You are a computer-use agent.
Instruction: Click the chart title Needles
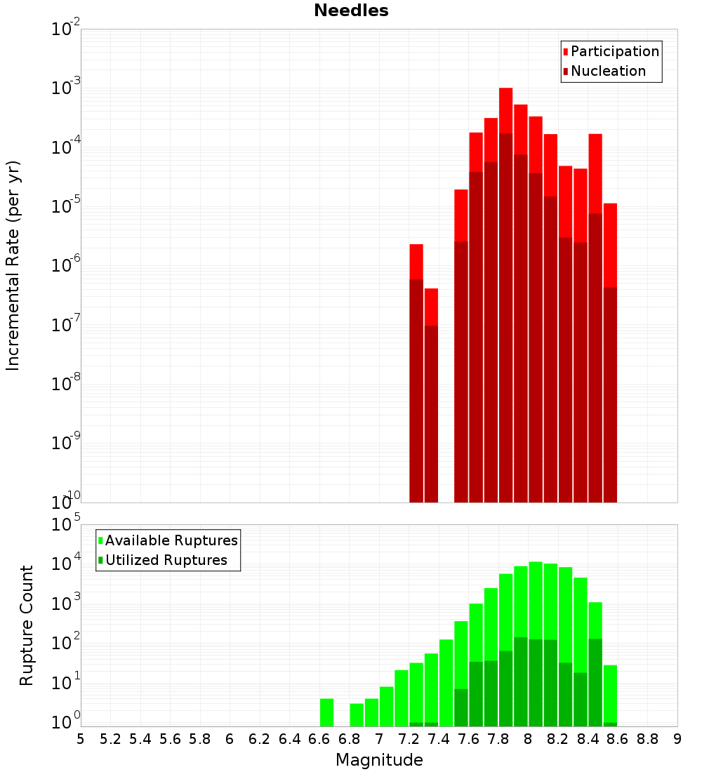coord(351,11)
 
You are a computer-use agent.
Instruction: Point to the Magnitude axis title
coord(379,760)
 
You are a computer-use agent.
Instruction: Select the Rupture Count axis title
coord(27,625)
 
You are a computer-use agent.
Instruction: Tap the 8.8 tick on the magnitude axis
coord(648,738)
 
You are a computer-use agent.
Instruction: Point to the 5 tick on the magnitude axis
coord(81,738)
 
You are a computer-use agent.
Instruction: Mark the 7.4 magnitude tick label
coord(439,738)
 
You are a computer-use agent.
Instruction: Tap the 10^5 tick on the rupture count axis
coord(67,524)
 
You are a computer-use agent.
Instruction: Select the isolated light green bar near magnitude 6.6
coord(327,712)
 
